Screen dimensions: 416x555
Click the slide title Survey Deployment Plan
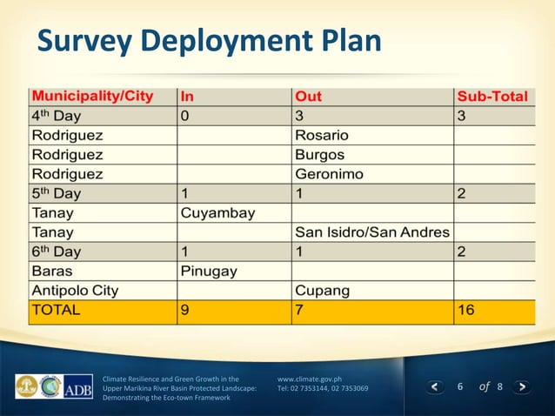click(209, 42)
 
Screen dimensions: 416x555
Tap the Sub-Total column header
click(491, 96)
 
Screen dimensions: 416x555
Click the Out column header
click(309, 96)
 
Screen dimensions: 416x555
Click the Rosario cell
click(322, 135)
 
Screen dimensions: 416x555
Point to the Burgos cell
click(320, 154)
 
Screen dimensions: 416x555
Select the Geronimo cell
click(330, 174)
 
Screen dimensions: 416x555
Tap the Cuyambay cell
click(217, 212)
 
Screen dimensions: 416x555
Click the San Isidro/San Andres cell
click(372, 232)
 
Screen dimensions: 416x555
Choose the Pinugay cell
click(209, 271)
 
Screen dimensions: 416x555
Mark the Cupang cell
click(323, 290)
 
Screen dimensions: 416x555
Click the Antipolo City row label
click(75, 290)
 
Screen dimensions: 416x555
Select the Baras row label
click(52, 271)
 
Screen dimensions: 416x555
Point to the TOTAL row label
click(57, 310)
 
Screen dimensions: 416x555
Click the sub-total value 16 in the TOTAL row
click(466, 310)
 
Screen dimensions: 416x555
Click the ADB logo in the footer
click(79, 386)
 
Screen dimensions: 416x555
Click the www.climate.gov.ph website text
click(309, 379)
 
